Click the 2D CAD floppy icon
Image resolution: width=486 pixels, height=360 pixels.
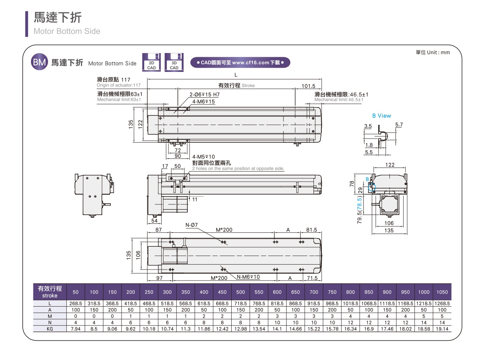coord(151,62)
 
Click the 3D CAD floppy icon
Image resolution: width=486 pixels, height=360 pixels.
coord(174,62)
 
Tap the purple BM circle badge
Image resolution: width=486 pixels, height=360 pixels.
coord(39,63)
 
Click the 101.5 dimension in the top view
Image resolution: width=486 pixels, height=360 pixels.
coord(308,86)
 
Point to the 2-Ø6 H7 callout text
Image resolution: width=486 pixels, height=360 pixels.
coord(204,95)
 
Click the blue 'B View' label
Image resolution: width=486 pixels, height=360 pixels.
coord(382,116)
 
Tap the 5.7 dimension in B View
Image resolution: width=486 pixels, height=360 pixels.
coord(399,125)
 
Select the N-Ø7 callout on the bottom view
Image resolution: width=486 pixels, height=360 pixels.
coord(192,225)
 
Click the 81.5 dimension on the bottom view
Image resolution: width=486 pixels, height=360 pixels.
coord(312,230)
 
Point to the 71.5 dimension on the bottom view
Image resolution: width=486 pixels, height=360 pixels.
coord(312,278)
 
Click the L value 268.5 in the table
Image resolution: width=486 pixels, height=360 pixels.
coord(76,304)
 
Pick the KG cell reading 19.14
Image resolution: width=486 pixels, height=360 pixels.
coord(442,329)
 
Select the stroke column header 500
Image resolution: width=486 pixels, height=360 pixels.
coord(241,292)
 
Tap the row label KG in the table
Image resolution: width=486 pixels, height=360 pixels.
coord(50,329)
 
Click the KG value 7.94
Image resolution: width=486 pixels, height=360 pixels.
coord(76,329)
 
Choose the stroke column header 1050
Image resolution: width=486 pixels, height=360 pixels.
coord(442,292)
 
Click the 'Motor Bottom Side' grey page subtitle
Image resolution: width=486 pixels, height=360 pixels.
coord(67,31)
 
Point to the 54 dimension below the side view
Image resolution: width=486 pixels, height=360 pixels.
coord(154,221)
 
